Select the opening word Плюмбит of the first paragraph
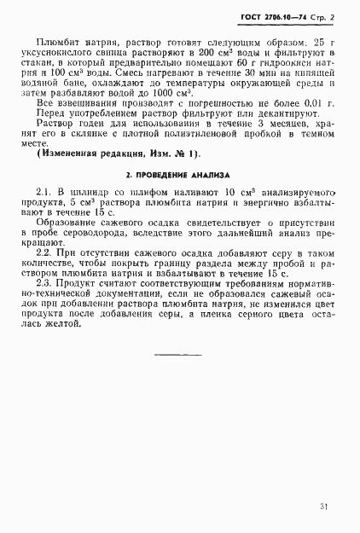pos(57,43)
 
